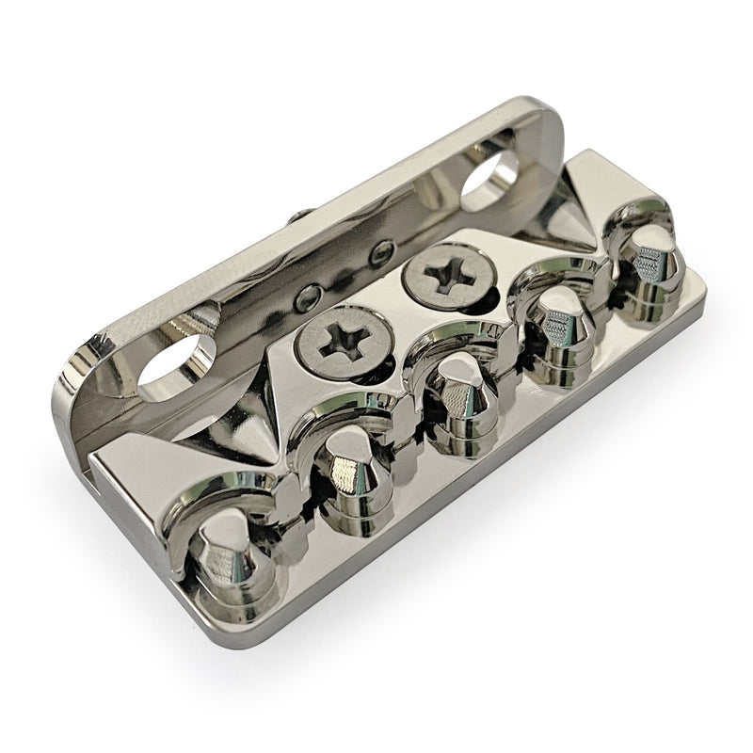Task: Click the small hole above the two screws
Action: pyautogui.click(x=381, y=250)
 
